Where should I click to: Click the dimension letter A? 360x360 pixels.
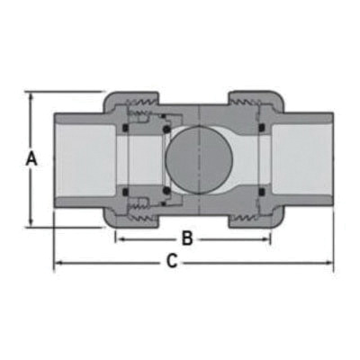coord(31,159)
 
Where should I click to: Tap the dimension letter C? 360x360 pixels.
coord(171,263)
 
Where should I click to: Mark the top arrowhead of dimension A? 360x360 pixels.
coord(32,94)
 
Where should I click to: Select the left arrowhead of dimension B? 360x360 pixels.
coord(119,239)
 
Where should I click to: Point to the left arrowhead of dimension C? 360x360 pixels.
coord(59,264)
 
